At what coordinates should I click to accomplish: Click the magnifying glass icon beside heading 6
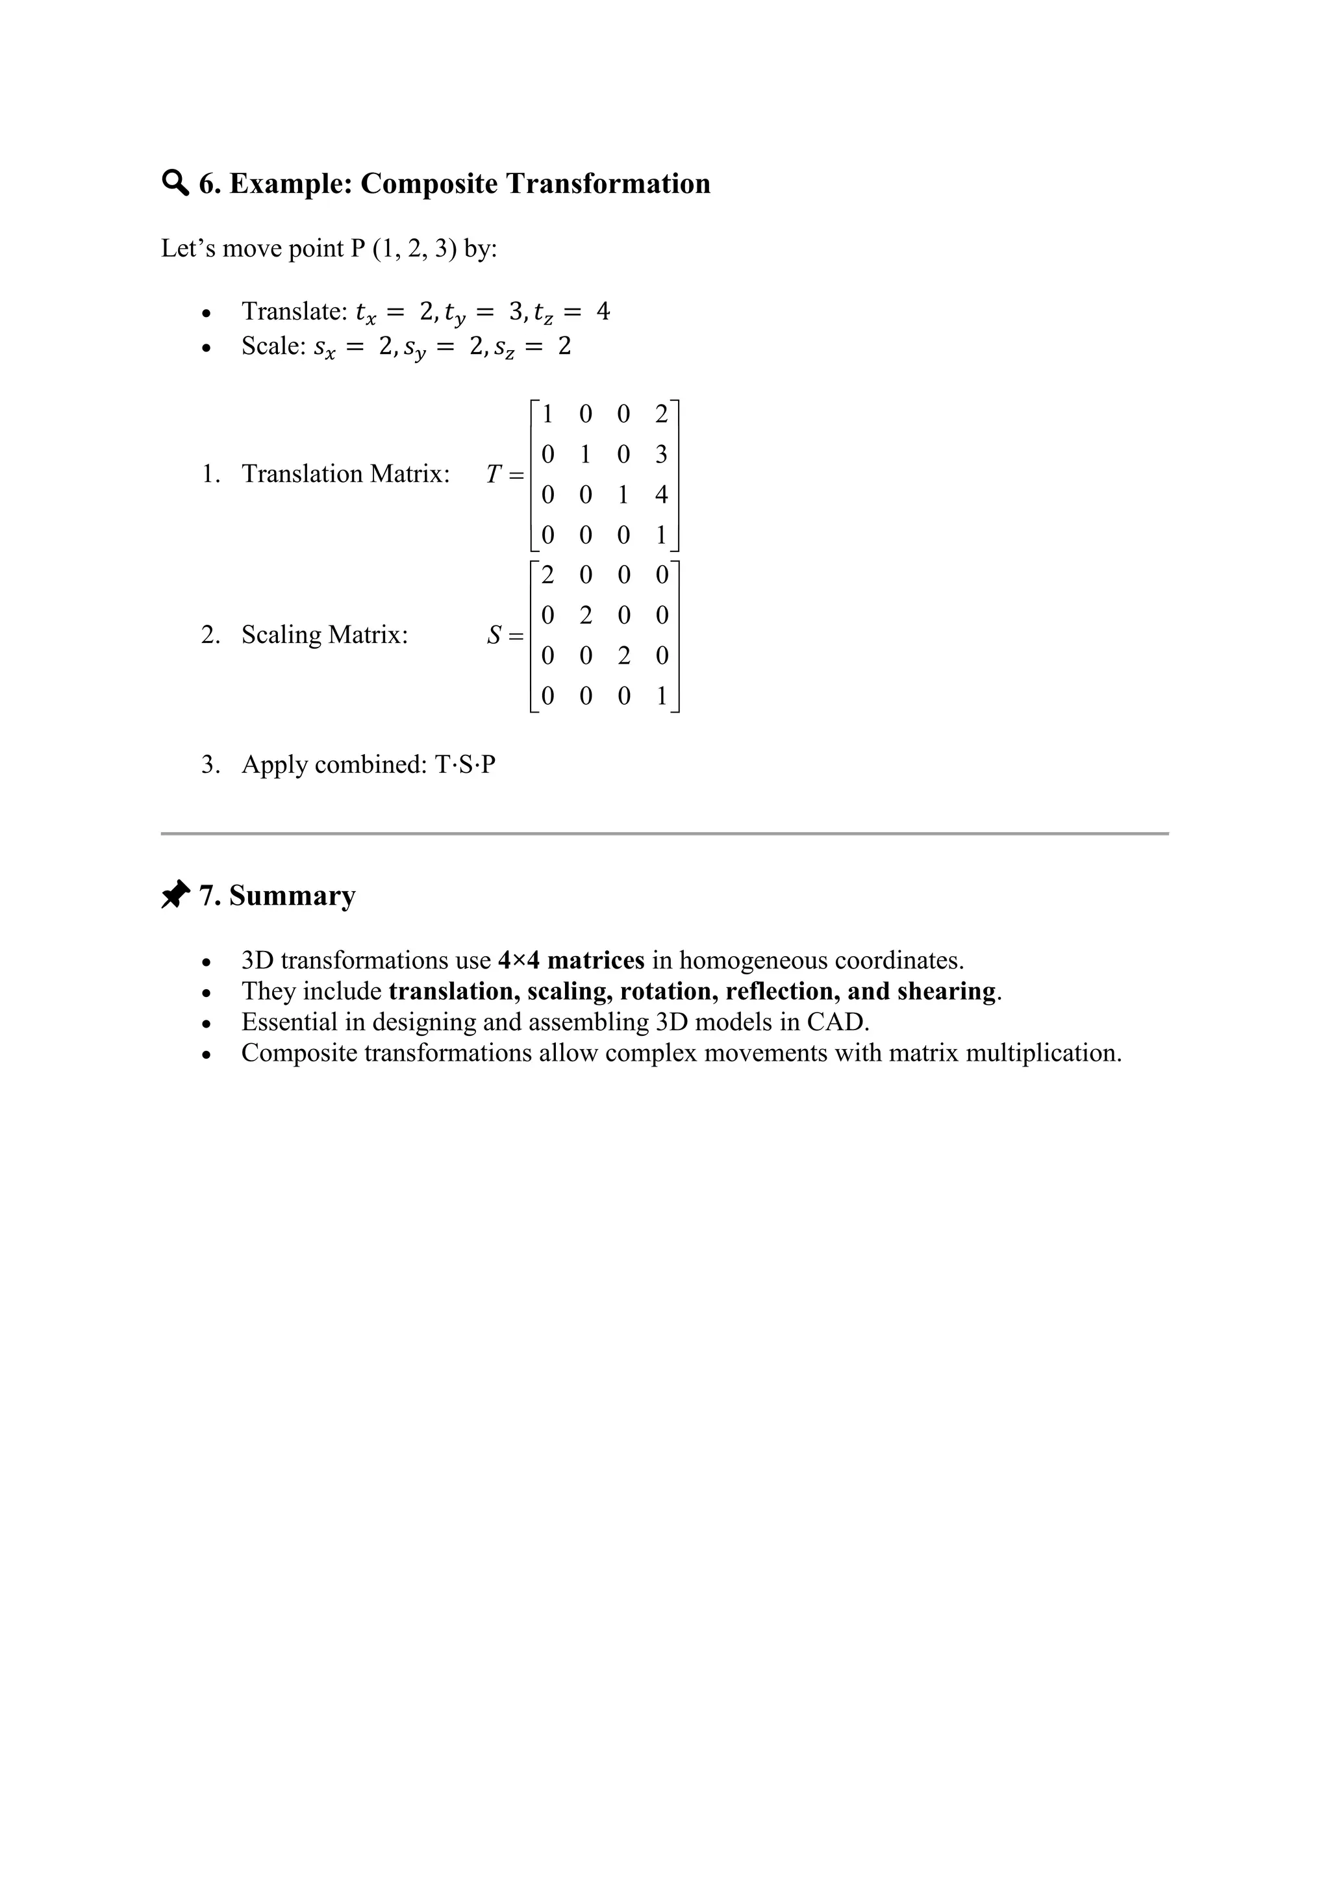(175, 183)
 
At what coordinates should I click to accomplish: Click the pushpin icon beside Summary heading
(175, 894)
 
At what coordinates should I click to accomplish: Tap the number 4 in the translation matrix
(661, 494)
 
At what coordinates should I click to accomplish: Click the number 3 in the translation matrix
(661, 454)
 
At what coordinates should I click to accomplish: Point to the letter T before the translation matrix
(493, 474)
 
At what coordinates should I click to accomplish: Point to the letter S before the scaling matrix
(494, 635)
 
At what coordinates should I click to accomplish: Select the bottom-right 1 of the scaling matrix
(661, 696)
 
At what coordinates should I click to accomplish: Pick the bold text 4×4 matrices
(571, 960)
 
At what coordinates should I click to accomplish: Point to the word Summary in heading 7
(292, 896)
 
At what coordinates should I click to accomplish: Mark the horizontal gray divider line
(664, 834)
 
